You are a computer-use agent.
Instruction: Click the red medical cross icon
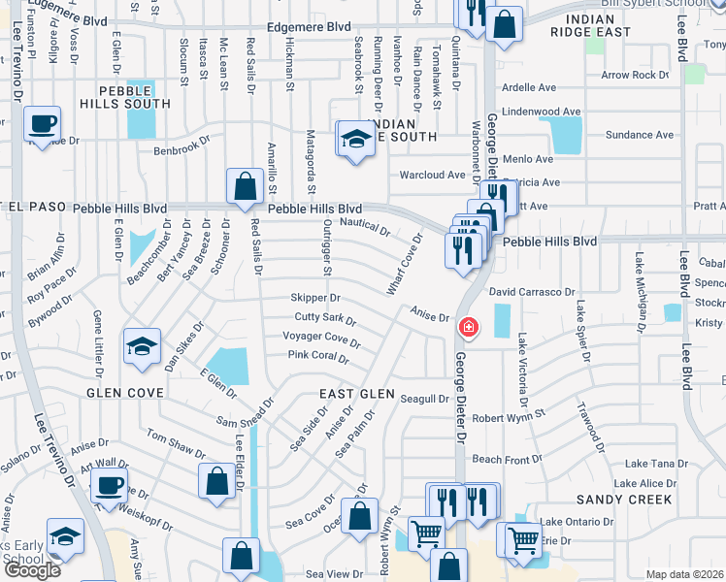point(469,328)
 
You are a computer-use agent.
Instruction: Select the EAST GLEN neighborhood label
point(358,394)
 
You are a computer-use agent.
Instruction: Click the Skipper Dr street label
point(315,298)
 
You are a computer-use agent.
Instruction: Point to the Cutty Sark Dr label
point(326,318)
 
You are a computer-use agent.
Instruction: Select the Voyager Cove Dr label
point(321,339)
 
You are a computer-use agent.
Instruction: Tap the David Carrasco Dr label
point(532,291)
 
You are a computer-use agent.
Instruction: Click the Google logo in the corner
point(33,570)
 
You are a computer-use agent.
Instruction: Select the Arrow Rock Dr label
point(635,75)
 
